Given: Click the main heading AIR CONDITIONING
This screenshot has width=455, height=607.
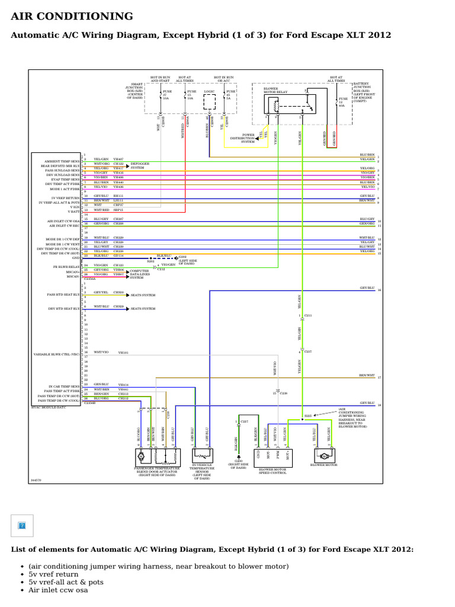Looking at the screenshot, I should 72,17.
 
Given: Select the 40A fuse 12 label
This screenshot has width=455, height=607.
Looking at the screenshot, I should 342,102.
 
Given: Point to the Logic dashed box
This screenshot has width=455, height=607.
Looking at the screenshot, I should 210,103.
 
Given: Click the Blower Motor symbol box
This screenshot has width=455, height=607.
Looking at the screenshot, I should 324,456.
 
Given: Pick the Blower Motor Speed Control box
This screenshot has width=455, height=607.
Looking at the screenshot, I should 273,456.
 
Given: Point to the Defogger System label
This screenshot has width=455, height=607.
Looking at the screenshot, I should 140,166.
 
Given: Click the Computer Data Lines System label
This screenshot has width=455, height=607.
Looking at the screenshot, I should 142,274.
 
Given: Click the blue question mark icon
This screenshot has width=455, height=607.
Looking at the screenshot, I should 22,525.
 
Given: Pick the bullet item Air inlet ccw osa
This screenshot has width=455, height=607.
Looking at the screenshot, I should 57,590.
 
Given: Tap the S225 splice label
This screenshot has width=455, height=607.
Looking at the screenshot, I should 307,416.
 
